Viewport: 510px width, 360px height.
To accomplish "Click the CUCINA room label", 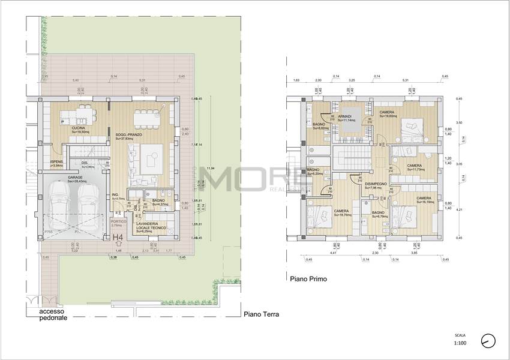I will tap(78, 128).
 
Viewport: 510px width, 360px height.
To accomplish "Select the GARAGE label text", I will tap(75, 178).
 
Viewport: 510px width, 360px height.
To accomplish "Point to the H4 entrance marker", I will tap(119, 238).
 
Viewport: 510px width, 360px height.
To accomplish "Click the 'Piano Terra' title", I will tap(262, 314).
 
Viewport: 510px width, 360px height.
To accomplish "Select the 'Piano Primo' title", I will tap(308, 278).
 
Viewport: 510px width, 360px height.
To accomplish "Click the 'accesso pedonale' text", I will tap(53, 315).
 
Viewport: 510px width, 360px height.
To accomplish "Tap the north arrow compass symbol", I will tap(488, 340).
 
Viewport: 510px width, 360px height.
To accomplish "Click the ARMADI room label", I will tap(344, 116).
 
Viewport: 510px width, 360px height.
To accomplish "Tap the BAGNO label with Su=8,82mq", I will tap(319, 124).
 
